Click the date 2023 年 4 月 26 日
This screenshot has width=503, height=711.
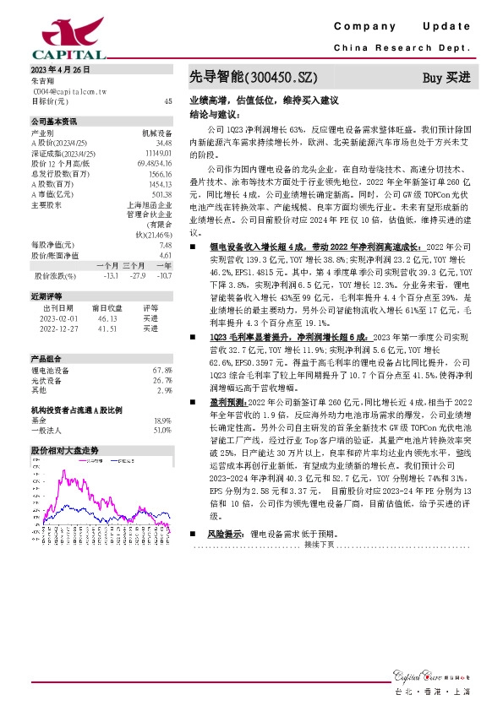click(60, 69)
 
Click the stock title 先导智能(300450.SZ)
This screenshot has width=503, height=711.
click(254, 78)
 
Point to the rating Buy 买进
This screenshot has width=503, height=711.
click(446, 78)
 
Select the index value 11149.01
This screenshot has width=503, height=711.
click(161, 153)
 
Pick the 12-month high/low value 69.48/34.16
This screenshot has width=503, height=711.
click(156, 162)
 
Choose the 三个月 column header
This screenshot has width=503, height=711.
click(135, 266)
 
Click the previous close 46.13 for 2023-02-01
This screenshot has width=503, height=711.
click(107, 318)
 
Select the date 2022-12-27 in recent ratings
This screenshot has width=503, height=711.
click(58, 328)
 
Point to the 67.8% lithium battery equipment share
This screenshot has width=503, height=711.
click(162, 370)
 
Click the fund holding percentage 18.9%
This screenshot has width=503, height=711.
click(162, 420)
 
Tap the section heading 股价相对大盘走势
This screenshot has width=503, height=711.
click(64, 450)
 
